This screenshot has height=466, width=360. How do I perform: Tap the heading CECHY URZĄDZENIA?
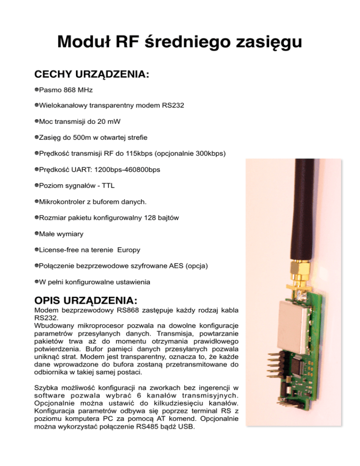pos(92,75)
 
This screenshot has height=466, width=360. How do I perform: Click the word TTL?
pos(108,186)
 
